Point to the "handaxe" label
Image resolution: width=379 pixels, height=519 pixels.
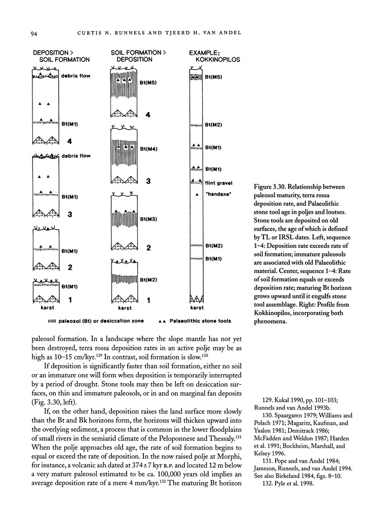[218, 195]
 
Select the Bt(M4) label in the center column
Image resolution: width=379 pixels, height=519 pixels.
[148, 149]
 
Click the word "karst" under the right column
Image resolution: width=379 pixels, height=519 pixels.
[196, 308]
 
